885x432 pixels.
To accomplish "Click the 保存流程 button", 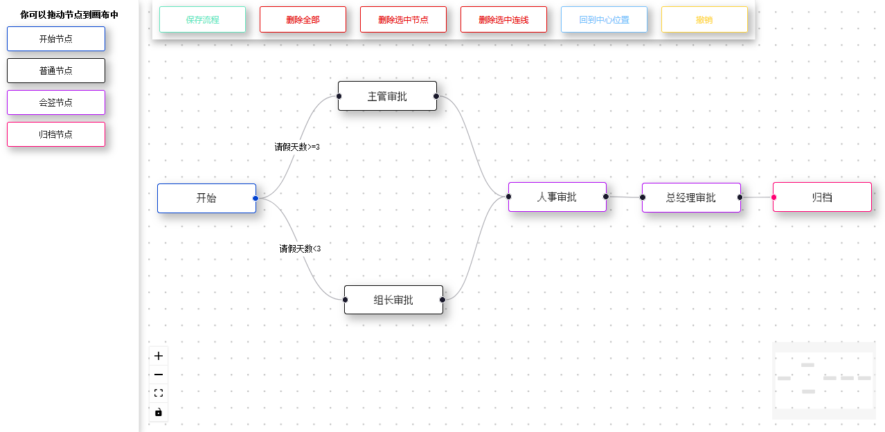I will pyautogui.click(x=202, y=19).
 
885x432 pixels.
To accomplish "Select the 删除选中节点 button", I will pyautogui.click(x=403, y=19).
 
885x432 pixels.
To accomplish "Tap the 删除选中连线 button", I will pyautogui.click(x=503, y=19).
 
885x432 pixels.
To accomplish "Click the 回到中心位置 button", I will pyautogui.click(x=604, y=19).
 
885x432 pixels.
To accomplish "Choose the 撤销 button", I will pyautogui.click(x=704, y=19).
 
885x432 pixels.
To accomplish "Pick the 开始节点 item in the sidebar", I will pyautogui.click(x=56, y=39).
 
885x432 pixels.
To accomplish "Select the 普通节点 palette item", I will pyautogui.click(x=56, y=71).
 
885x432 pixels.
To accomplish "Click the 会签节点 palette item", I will pyautogui.click(x=56, y=102).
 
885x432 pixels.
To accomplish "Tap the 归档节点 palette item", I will pyautogui.click(x=56, y=134).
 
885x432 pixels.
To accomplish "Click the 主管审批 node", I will pyautogui.click(x=387, y=96).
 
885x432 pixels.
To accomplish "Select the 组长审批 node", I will pyautogui.click(x=393, y=300).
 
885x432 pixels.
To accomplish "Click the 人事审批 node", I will pyautogui.click(x=557, y=197).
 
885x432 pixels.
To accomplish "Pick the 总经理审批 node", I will pyautogui.click(x=691, y=197).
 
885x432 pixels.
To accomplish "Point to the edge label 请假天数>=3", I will pyautogui.click(x=297, y=147).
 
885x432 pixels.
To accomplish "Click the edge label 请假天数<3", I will pyautogui.click(x=300, y=249).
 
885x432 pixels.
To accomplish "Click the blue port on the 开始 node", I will pyautogui.click(x=256, y=199).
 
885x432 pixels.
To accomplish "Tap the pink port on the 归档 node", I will pyautogui.click(x=774, y=197).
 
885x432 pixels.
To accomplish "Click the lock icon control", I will pyautogui.click(x=159, y=412).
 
